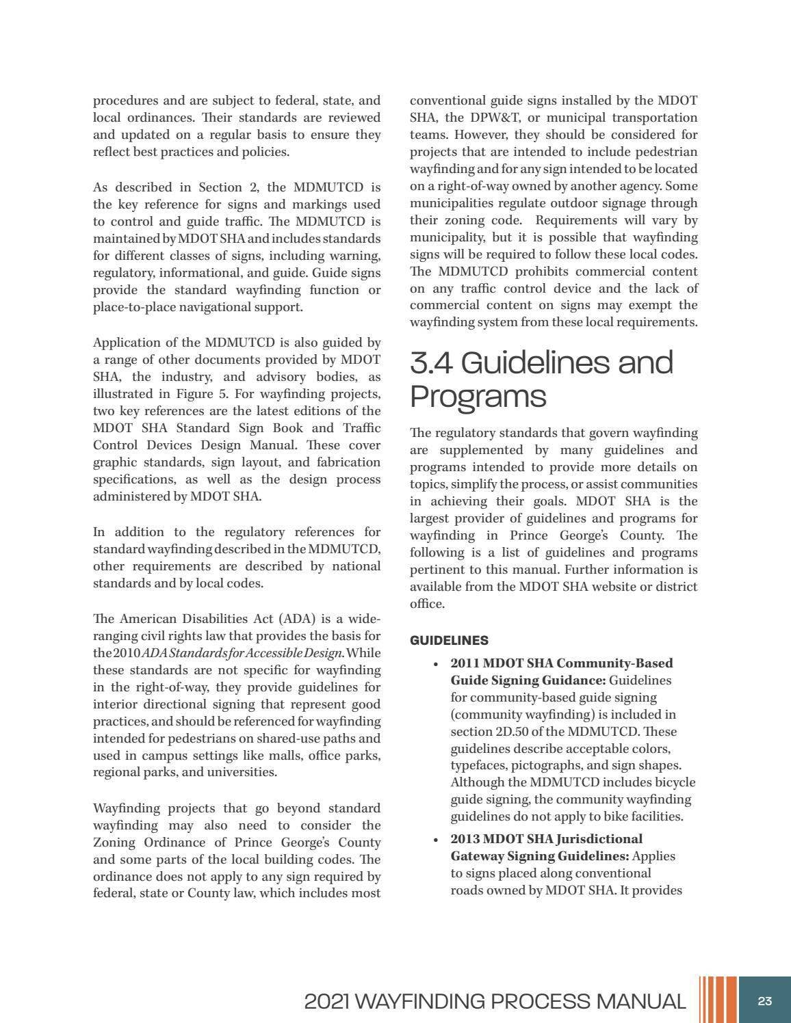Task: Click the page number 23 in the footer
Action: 764,1001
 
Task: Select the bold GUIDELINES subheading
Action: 449,641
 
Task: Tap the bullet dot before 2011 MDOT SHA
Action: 436,664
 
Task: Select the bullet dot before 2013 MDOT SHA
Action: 436,840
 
